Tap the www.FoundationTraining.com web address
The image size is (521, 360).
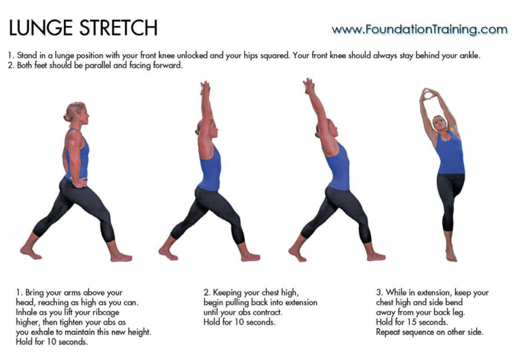(x=419, y=30)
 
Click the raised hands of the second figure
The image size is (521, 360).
(x=205, y=87)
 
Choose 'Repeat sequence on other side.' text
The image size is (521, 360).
(x=429, y=332)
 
